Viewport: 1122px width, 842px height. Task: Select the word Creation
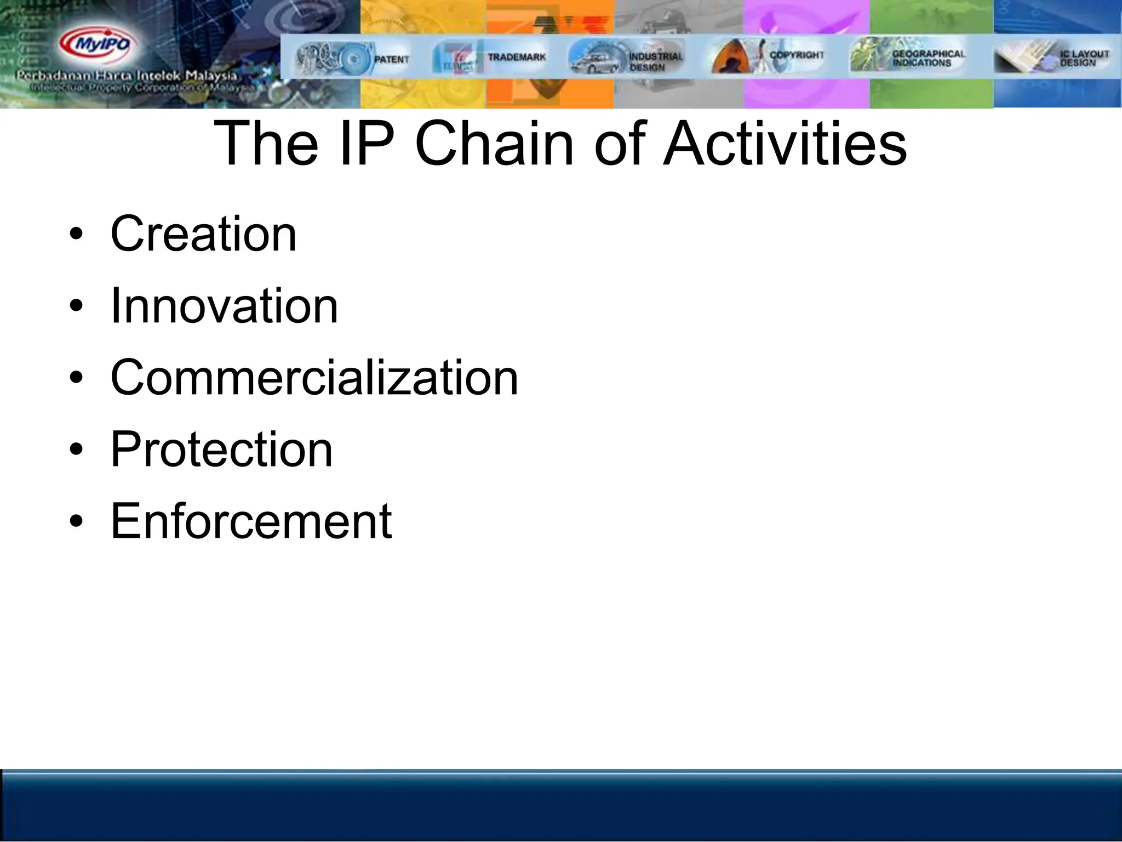pos(203,234)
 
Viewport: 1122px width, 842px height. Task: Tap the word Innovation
pos(224,306)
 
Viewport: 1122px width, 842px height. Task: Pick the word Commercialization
pos(314,378)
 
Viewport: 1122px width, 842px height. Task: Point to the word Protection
pos(221,450)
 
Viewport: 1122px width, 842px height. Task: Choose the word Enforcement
pos(251,521)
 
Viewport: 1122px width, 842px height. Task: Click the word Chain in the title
pos(494,144)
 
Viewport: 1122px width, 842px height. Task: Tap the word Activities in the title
pos(785,144)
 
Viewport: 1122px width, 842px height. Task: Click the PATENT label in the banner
pos(391,59)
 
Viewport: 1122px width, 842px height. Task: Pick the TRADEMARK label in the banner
pos(517,57)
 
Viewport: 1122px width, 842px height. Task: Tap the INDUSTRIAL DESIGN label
pos(655,61)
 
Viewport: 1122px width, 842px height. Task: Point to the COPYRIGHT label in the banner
pos(796,55)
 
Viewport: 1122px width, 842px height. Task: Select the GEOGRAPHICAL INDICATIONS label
pos(928,58)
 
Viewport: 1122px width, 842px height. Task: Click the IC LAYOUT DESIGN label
pos(1084,58)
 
